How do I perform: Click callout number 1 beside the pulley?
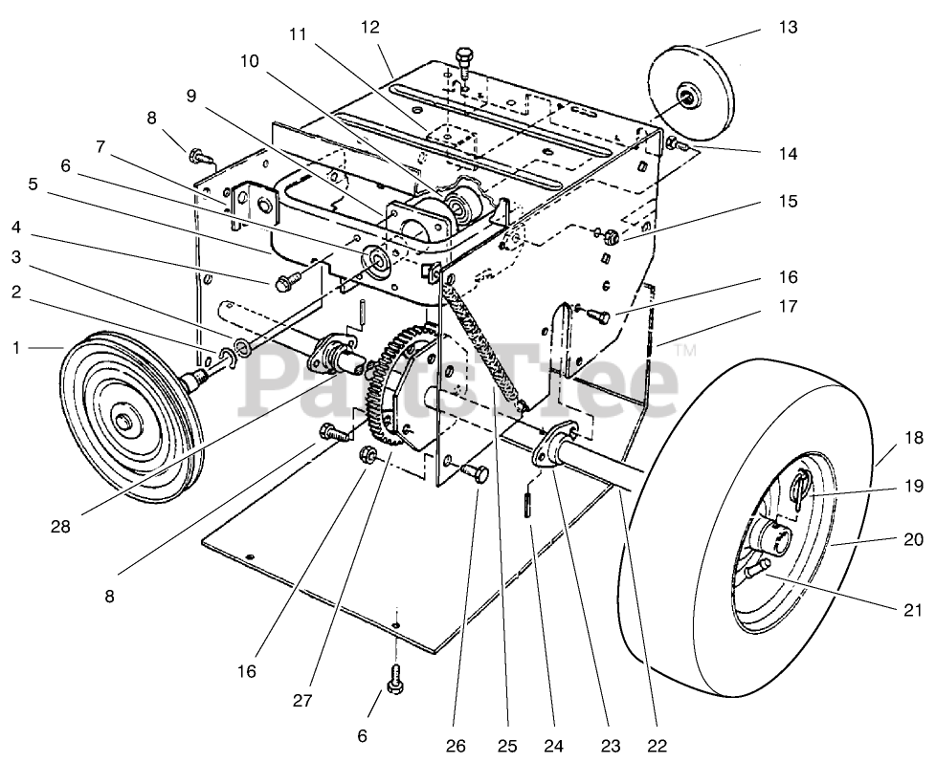tap(15, 347)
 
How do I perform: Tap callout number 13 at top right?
tap(788, 28)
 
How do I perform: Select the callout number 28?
tap(60, 527)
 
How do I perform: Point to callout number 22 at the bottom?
tap(656, 746)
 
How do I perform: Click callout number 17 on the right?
tap(788, 307)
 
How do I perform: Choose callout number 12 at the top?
tap(369, 28)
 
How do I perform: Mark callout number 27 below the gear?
tap(302, 700)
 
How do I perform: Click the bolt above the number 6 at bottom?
tap(395, 678)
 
